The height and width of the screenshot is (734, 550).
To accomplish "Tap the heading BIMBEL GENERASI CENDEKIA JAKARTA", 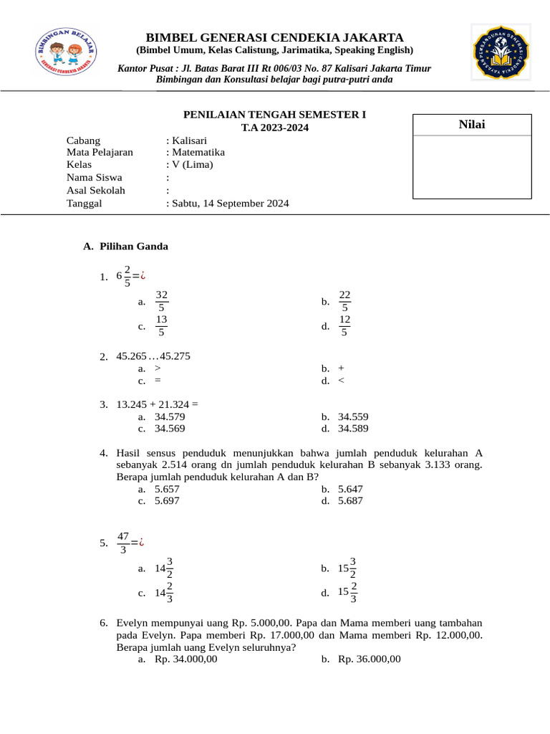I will pyautogui.click(x=274, y=37).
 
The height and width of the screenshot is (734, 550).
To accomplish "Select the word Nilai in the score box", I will pyautogui.click(x=471, y=125).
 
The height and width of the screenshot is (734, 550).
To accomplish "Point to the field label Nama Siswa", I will pyautogui.click(x=94, y=177).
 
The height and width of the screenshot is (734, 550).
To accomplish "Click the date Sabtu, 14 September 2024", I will pyautogui.click(x=229, y=203).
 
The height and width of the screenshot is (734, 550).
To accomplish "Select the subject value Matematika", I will pyautogui.click(x=198, y=152).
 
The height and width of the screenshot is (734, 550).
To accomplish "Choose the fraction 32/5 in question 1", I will pyautogui.click(x=162, y=301).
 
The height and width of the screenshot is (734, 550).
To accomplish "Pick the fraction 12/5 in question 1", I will pyautogui.click(x=345, y=325).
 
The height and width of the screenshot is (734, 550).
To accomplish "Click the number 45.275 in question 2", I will pyautogui.click(x=175, y=356).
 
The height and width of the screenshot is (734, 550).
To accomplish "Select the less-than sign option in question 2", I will pyautogui.click(x=341, y=381).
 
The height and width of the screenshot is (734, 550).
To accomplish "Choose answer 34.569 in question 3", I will pyautogui.click(x=170, y=429).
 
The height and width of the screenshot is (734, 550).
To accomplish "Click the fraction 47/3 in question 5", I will pyautogui.click(x=122, y=543).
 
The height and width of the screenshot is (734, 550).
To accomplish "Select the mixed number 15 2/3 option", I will pyautogui.click(x=348, y=592).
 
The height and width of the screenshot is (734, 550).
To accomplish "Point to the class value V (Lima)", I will pyautogui.click(x=191, y=164).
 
